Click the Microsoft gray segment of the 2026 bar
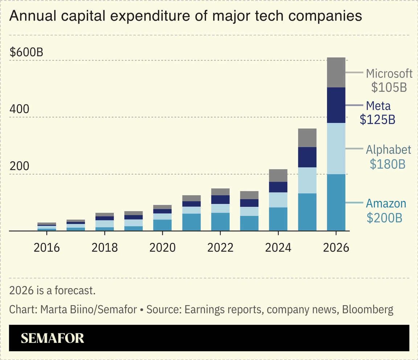coord(336,72)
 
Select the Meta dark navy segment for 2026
coord(336,105)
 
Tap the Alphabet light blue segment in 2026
coord(336,148)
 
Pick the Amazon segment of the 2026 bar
coord(336,202)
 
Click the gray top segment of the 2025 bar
coord(307,138)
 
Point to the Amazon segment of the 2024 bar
coord(278,219)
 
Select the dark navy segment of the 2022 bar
coord(220,199)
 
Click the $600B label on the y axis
coord(26,52)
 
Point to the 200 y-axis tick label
coord(19,166)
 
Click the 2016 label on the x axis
coord(46,248)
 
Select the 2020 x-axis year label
coord(162,248)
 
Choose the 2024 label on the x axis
coord(278,248)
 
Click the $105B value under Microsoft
coord(389,88)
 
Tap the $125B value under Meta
coord(377,120)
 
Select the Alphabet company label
coord(388,150)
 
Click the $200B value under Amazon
coord(384,218)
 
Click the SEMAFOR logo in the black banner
coord(52,338)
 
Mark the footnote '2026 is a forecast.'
coord(52,291)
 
